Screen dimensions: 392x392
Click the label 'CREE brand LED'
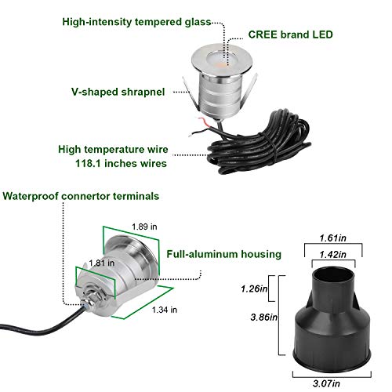click(x=290, y=34)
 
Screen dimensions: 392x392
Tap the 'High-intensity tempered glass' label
click(x=136, y=22)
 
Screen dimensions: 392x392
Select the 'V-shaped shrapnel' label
click(x=118, y=92)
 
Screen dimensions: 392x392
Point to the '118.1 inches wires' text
click(x=121, y=163)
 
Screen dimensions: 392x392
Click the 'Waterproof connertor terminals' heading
click(x=81, y=196)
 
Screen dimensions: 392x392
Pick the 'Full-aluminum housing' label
click(x=224, y=254)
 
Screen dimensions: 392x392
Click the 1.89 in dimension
click(x=144, y=227)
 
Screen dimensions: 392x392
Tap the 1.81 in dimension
click(x=102, y=263)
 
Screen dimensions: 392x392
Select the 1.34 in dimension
click(x=165, y=310)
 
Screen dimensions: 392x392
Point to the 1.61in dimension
click(x=332, y=238)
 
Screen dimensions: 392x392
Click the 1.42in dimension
click(x=332, y=254)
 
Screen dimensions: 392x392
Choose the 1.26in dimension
click(x=254, y=289)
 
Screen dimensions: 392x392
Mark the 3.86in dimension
click(x=264, y=318)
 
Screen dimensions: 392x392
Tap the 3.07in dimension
click(x=326, y=383)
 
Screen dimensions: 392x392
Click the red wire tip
click(x=200, y=120)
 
